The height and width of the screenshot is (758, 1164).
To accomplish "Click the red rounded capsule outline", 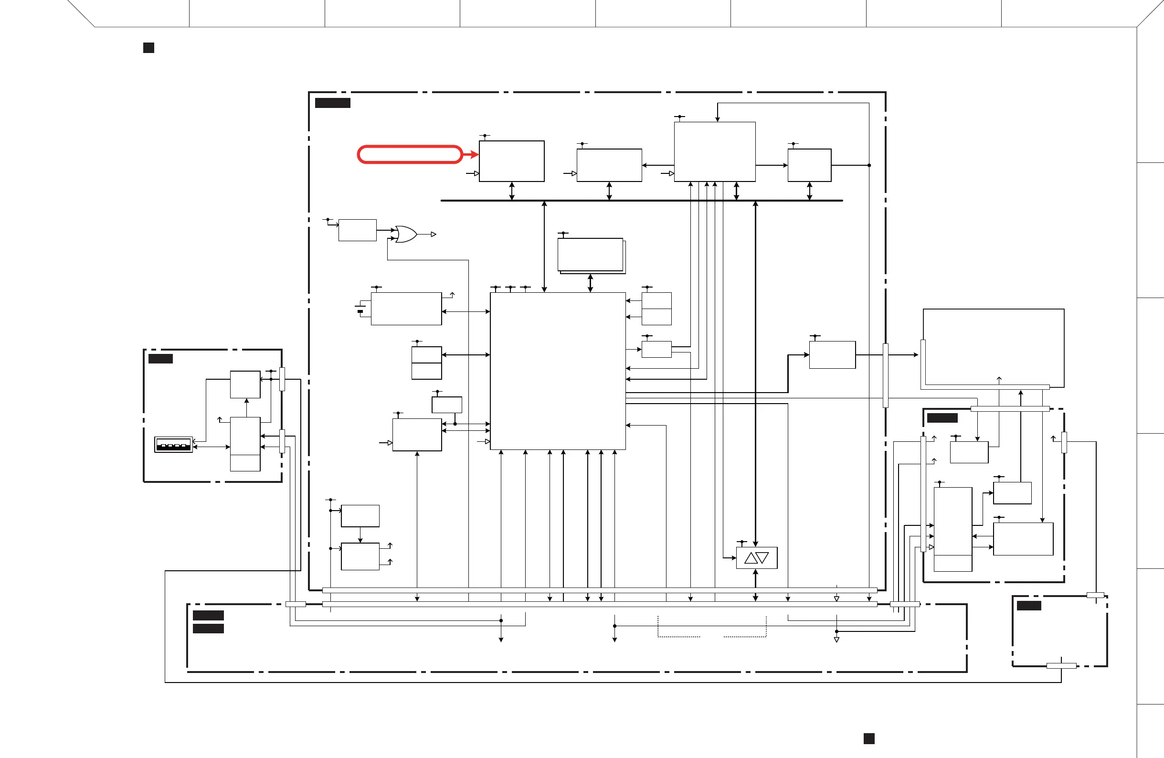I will click(409, 155).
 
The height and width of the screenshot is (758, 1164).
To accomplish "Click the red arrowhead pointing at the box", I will click(474, 155).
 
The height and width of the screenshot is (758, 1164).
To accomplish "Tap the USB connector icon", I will click(174, 445).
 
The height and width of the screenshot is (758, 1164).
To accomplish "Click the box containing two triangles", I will click(757, 558).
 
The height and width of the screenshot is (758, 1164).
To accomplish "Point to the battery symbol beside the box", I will click(360, 310).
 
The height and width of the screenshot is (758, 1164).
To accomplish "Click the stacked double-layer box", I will click(591, 256).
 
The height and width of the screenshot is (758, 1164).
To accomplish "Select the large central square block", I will click(558, 371).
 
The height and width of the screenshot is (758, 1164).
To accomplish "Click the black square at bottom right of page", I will click(868, 738).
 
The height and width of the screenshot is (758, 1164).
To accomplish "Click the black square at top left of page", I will click(148, 48).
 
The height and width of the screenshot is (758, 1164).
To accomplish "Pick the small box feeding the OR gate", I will click(357, 230).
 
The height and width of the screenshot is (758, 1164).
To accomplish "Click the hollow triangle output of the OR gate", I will click(434, 235).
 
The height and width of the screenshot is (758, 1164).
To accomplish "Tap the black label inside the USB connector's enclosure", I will click(160, 359).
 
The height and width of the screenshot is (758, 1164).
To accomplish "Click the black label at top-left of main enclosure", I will click(333, 103).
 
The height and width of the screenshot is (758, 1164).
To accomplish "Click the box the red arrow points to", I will click(511, 161).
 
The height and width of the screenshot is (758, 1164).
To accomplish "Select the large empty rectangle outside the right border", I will click(993, 347).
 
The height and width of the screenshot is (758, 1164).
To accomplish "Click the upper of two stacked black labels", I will click(208, 615).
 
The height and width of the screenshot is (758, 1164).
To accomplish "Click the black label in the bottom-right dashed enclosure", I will click(1028, 606).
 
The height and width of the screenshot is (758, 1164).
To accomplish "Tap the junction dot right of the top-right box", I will click(869, 165).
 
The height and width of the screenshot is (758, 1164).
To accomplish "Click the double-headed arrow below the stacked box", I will click(590, 283).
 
